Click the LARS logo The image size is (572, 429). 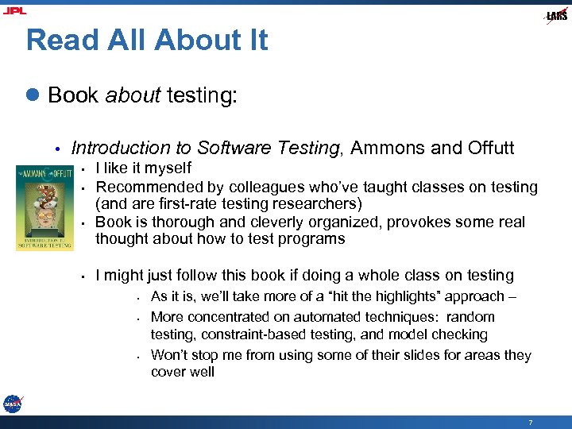pos(555,16)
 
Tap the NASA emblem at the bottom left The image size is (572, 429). pos(12,404)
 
